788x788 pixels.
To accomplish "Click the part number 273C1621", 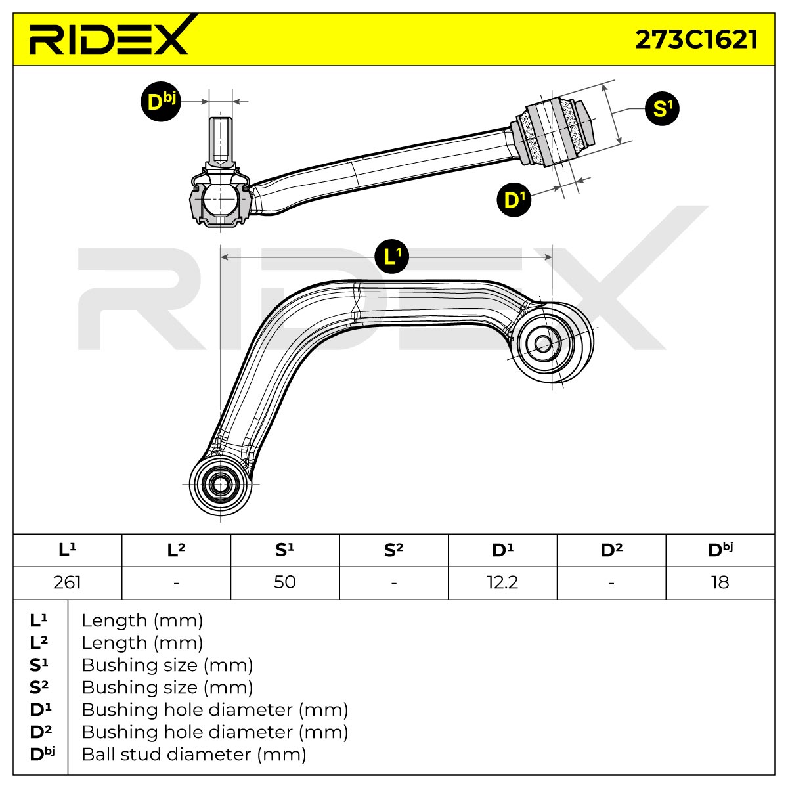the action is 696,39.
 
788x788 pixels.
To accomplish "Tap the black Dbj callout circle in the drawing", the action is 161,101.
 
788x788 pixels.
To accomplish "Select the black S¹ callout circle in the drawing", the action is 662,108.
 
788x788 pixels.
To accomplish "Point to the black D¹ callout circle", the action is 514,200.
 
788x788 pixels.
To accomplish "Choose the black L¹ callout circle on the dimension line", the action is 392,256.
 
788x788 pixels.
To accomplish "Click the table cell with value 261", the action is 68,582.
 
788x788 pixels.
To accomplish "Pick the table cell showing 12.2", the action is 502,582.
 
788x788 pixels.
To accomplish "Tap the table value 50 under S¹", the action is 284,582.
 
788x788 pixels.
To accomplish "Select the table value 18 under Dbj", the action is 720,582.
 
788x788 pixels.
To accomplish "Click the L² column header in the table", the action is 176,550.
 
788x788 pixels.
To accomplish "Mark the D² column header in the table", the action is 611,550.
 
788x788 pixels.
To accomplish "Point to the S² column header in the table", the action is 394,550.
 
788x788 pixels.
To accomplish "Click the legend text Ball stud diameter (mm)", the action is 194,755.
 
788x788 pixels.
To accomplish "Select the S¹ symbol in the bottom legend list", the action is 39,665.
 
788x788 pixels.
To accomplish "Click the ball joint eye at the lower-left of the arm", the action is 221,485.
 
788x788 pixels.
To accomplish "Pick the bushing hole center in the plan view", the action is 542,343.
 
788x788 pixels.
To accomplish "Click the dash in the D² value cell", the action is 611,583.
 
